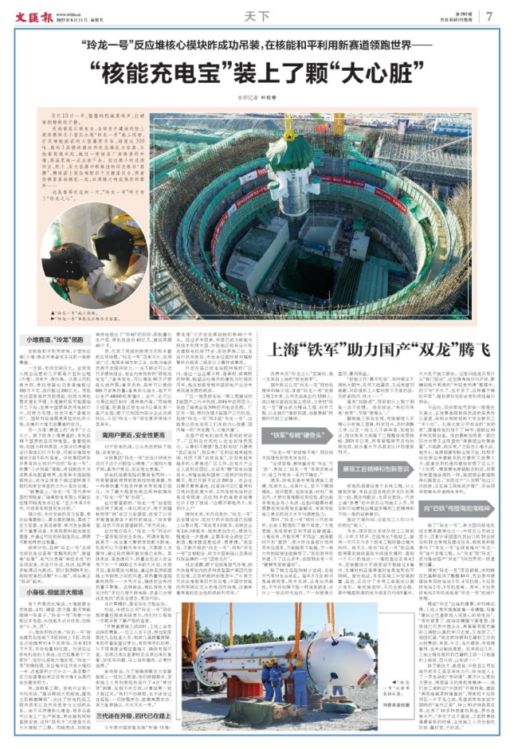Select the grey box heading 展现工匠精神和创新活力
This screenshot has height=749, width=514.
pos(377,447)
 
